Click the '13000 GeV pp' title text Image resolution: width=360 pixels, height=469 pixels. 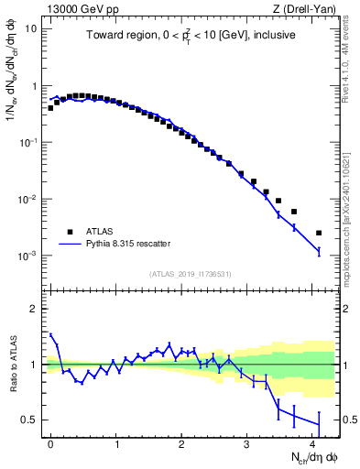[x=75, y=8]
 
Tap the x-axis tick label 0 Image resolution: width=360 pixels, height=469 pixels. [x=51, y=443]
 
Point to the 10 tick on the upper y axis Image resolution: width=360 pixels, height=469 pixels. [x=29, y=28]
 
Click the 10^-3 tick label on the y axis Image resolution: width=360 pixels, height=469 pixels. [x=27, y=256]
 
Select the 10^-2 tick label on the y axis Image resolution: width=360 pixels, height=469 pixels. [x=27, y=200]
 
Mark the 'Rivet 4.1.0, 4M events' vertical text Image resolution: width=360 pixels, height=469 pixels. [x=352, y=69]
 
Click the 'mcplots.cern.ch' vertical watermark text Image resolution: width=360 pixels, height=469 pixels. [x=352, y=229]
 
